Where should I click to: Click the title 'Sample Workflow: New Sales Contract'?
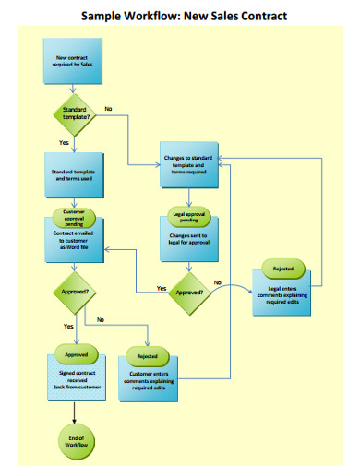click(184, 16)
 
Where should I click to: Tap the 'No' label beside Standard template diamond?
click(108, 109)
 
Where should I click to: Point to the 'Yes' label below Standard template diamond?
click(64, 143)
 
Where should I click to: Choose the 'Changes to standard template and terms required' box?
click(189, 164)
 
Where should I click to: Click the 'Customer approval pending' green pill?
click(74, 215)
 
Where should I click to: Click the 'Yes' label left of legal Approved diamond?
click(161, 289)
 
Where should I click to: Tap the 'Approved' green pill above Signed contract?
click(74, 353)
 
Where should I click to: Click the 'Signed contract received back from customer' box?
click(74, 379)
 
